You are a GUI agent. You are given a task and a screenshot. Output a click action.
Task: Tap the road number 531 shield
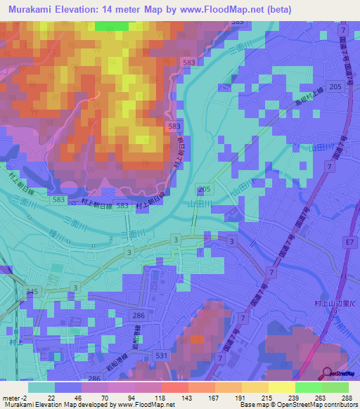pyautogui.click(x=182, y=356)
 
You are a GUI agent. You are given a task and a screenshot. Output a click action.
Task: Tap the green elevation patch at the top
pyautogui.click(x=112, y=25)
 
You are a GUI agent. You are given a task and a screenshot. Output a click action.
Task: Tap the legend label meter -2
pyautogui.click(x=16, y=398)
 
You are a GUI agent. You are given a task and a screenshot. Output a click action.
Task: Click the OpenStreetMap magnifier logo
pyautogui.click(x=328, y=374)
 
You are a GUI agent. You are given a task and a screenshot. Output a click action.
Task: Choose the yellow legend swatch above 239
pyautogui.click(x=282, y=387)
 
